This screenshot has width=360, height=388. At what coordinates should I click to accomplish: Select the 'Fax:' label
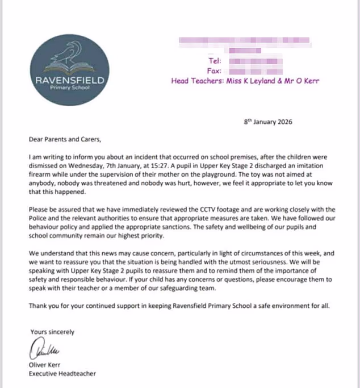(x=219, y=70)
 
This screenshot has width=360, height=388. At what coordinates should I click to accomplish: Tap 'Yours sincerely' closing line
(x=51, y=332)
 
